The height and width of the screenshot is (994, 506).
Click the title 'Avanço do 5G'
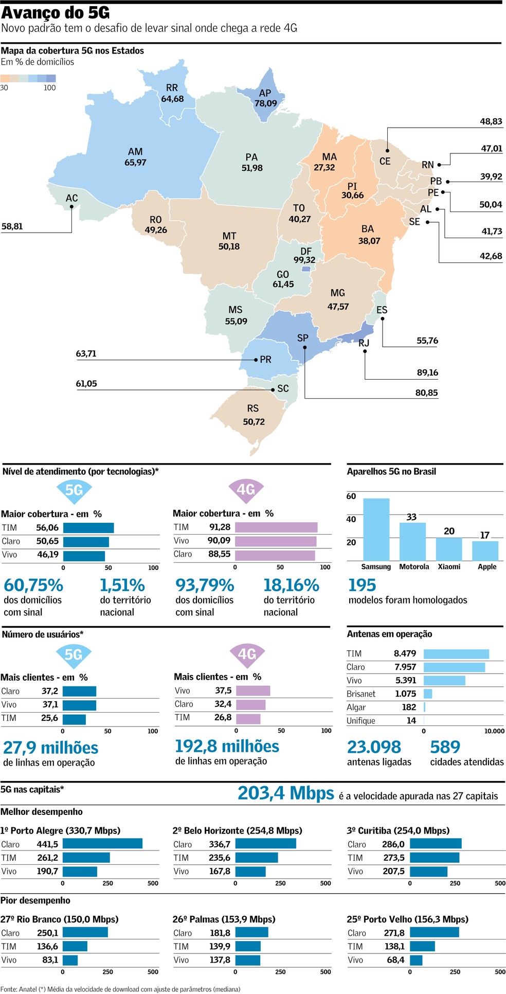tap(55, 12)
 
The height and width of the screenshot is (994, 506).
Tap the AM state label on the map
tap(135, 152)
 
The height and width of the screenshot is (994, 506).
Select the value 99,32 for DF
tap(304, 260)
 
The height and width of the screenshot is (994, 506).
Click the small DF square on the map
tap(306, 269)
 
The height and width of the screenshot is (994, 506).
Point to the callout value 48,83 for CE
tap(491, 121)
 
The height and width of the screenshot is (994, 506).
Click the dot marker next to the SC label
tap(273, 390)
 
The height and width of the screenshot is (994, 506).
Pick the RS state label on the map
tap(252, 409)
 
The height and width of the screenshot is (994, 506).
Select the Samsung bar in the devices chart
tap(376, 529)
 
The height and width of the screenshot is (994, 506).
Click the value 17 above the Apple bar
tap(484, 535)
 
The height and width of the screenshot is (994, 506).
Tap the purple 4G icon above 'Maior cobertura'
tap(246, 490)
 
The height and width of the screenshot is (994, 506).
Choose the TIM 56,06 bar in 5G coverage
tap(88, 528)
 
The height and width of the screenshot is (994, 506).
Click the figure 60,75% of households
tap(33, 585)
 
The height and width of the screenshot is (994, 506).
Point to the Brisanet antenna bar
tap(428, 694)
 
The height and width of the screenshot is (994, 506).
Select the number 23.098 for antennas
tap(374, 747)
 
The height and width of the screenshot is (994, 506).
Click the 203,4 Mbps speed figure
tap(285, 793)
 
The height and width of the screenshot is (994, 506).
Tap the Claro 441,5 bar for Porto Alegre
tap(102, 844)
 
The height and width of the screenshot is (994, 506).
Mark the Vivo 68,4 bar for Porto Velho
tap(416, 960)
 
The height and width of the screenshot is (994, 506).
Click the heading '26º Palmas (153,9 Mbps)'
tap(224, 919)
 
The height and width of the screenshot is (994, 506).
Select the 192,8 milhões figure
tap(227, 746)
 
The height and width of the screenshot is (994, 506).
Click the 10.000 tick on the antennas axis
tap(494, 731)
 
